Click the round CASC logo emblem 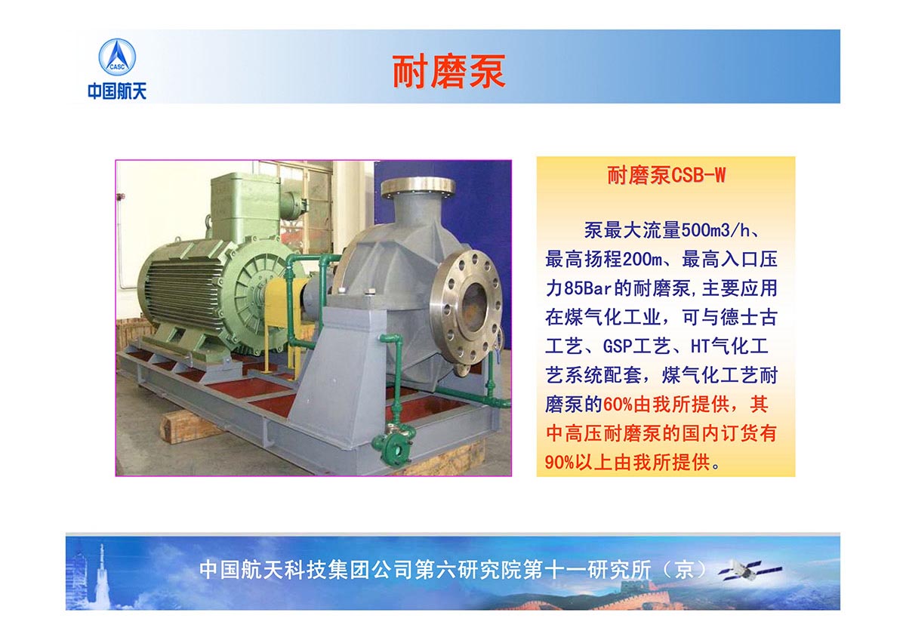tap(117, 57)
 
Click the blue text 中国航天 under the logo tap(117, 91)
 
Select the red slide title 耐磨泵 tap(449, 72)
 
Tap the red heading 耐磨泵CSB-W tap(666, 175)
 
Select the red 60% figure tap(618, 405)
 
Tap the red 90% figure tap(559, 462)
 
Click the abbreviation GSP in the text tap(618, 346)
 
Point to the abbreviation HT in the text tap(700, 346)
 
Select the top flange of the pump tap(418, 188)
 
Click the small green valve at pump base tap(394, 444)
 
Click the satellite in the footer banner tap(750, 571)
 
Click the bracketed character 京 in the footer tap(684, 570)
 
